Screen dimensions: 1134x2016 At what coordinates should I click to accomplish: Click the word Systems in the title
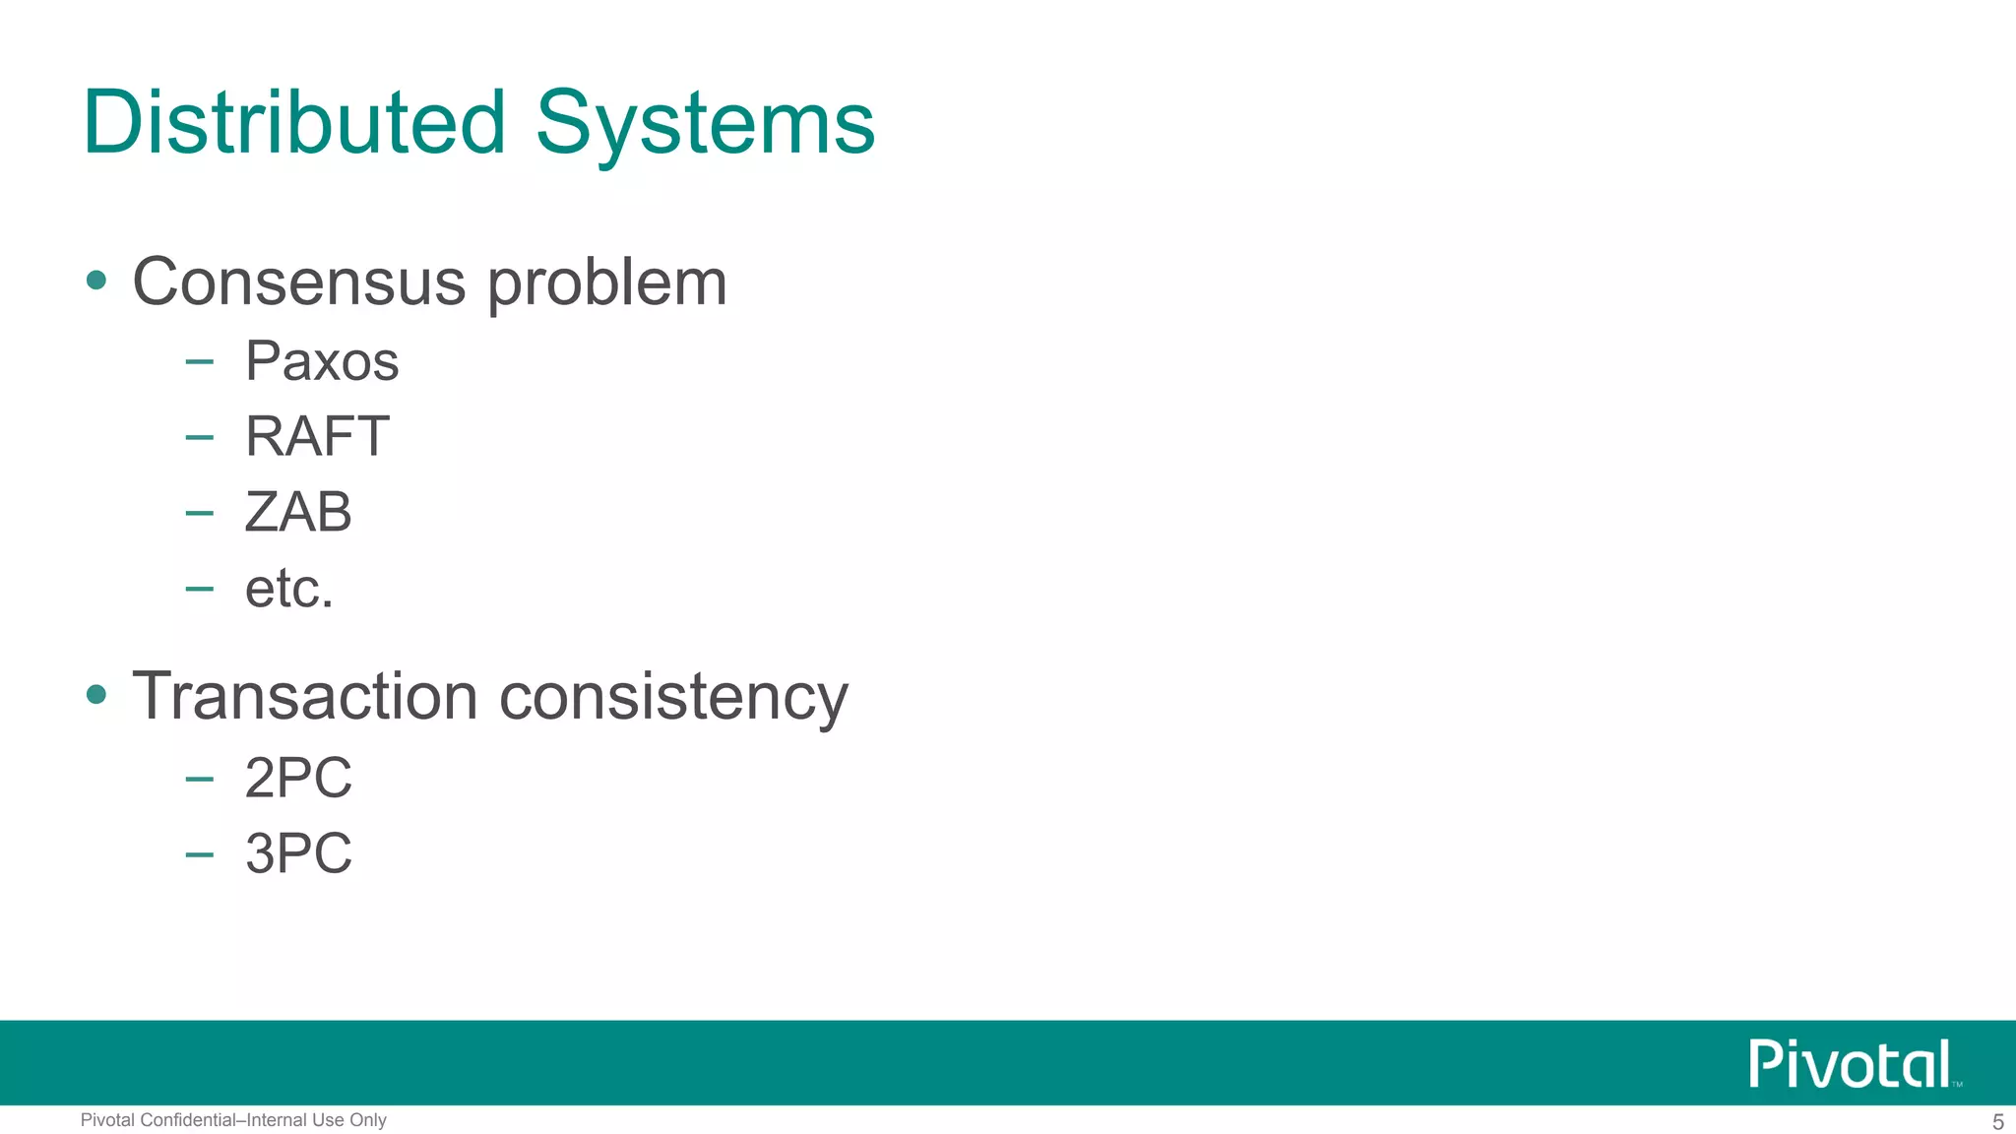coord(705,124)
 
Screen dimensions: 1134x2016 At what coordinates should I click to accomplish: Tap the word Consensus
coord(298,283)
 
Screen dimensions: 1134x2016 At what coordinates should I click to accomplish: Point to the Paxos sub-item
coord(322,361)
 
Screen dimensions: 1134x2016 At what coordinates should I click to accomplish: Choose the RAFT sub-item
coord(317,436)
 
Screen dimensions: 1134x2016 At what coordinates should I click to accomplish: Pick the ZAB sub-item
coord(298,512)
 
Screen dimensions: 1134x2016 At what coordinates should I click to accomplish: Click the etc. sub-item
coord(289,589)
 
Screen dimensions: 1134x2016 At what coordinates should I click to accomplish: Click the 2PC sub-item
coord(298,778)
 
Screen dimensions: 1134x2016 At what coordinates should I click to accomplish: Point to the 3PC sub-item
coord(298,852)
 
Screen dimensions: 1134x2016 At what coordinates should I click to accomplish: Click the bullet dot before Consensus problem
coord(96,281)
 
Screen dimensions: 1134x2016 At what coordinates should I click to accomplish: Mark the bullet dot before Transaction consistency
coord(96,695)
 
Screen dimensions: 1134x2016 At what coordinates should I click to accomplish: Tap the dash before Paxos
coord(199,362)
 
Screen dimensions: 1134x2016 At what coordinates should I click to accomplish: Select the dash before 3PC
coord(199,853)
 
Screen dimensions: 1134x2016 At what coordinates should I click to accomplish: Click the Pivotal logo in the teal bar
coord(1851,1064)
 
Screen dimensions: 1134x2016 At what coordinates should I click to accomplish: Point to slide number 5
coord(1997,1122)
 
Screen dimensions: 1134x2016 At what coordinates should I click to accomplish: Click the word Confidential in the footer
coord(188,1120)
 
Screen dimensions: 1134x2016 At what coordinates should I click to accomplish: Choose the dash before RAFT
coord(199,437)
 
